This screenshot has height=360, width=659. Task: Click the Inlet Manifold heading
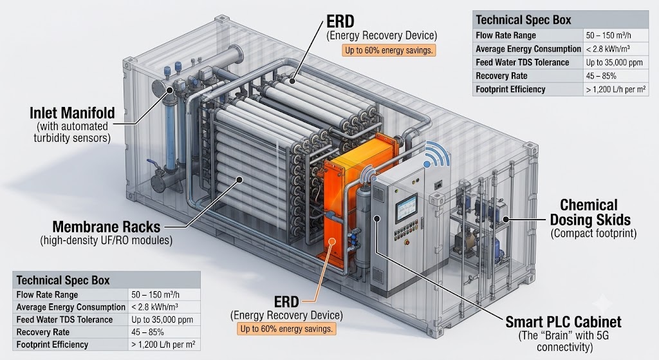(72, 113)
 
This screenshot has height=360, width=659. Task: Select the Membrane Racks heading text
(106, 227)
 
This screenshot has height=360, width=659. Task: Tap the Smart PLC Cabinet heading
(563, 322)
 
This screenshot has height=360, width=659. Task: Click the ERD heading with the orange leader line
(286, 301)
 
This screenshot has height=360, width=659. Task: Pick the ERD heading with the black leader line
(340, 21)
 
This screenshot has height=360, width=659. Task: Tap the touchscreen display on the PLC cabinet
(406, 208)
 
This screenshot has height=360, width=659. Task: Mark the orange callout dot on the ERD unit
(332, 242)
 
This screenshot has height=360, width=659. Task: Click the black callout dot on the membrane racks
(239, 180)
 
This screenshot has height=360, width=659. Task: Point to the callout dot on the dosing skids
(506, 219)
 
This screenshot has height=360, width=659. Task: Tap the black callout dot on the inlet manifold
(170, 90)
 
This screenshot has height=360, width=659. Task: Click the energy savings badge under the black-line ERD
(388, 50)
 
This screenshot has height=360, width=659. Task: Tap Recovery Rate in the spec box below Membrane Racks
(43, 332)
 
